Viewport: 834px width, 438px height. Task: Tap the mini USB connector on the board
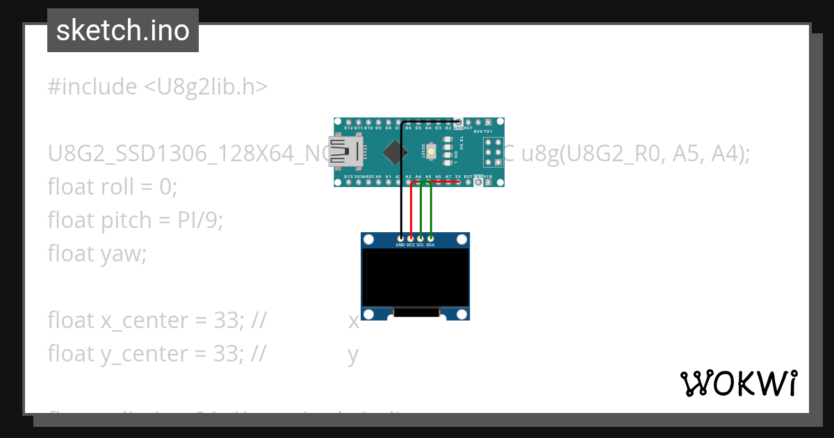345,152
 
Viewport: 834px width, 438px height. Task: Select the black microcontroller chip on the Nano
395,152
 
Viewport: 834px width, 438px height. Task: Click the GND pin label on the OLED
400,245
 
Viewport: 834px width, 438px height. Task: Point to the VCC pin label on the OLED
411,245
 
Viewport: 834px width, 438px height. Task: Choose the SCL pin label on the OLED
420,245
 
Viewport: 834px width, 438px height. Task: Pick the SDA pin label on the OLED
431,245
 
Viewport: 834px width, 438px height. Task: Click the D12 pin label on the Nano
348,128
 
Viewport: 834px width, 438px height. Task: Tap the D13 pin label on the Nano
348,177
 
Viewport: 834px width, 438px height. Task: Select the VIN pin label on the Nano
489,177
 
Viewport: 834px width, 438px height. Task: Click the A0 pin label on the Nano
378,177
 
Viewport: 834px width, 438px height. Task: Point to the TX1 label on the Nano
489,131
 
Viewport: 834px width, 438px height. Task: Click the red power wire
411,212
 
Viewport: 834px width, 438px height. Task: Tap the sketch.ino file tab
123,31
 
